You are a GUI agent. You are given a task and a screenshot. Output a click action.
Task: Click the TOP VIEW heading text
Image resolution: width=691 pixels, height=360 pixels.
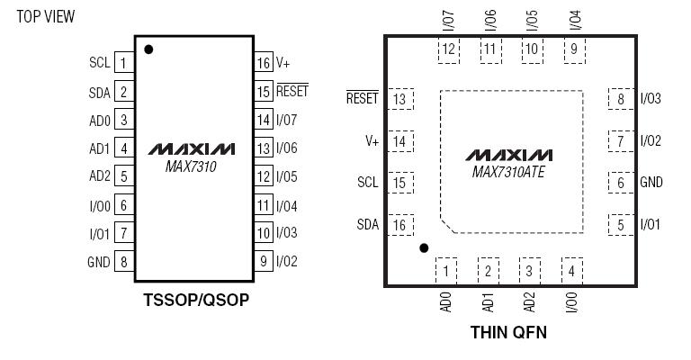click(46, 16)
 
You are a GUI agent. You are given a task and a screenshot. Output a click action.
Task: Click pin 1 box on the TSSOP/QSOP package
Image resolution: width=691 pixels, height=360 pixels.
click(123, 63)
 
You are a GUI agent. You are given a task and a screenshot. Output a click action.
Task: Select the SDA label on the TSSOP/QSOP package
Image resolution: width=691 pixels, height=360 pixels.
click(100, 92)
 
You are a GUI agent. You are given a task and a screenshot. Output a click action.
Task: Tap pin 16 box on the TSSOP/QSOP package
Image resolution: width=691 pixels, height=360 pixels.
click(263, 63)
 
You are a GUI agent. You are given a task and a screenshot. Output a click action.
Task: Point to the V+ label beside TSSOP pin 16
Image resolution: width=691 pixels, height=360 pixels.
click(283, 63)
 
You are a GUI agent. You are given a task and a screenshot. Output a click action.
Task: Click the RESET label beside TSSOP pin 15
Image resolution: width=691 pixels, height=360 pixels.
click(292, 91)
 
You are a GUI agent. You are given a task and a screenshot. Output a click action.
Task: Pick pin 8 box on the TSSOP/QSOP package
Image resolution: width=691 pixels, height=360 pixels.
click(123, 262)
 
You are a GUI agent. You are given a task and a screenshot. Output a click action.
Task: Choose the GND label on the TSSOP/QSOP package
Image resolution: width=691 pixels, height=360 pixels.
click(98, 262)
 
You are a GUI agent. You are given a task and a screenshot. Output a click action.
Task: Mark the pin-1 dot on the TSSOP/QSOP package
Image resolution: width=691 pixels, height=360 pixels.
click(148, 49)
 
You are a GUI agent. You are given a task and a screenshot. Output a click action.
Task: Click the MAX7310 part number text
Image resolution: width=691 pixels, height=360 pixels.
click(191, 166)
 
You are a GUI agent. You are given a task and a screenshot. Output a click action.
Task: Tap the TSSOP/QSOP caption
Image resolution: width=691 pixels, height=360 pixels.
click(195, 301)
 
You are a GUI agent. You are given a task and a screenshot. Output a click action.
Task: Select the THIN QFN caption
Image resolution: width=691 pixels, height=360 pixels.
click(508, 332)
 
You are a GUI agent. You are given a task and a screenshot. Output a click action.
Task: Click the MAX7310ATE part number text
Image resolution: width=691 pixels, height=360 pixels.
click(508, 169)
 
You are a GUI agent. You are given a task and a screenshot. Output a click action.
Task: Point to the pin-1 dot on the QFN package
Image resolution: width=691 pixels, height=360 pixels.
click(424, 247)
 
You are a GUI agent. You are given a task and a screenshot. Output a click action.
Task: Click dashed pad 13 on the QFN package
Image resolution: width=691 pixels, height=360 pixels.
click(399, 99)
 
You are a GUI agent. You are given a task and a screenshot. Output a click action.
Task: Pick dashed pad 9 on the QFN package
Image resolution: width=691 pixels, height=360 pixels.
click(573, 49)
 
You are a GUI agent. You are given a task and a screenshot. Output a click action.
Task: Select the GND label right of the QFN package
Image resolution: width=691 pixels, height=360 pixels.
click(651, 183)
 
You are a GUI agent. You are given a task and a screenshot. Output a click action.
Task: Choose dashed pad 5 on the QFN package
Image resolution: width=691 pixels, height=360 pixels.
click(621, 225)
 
